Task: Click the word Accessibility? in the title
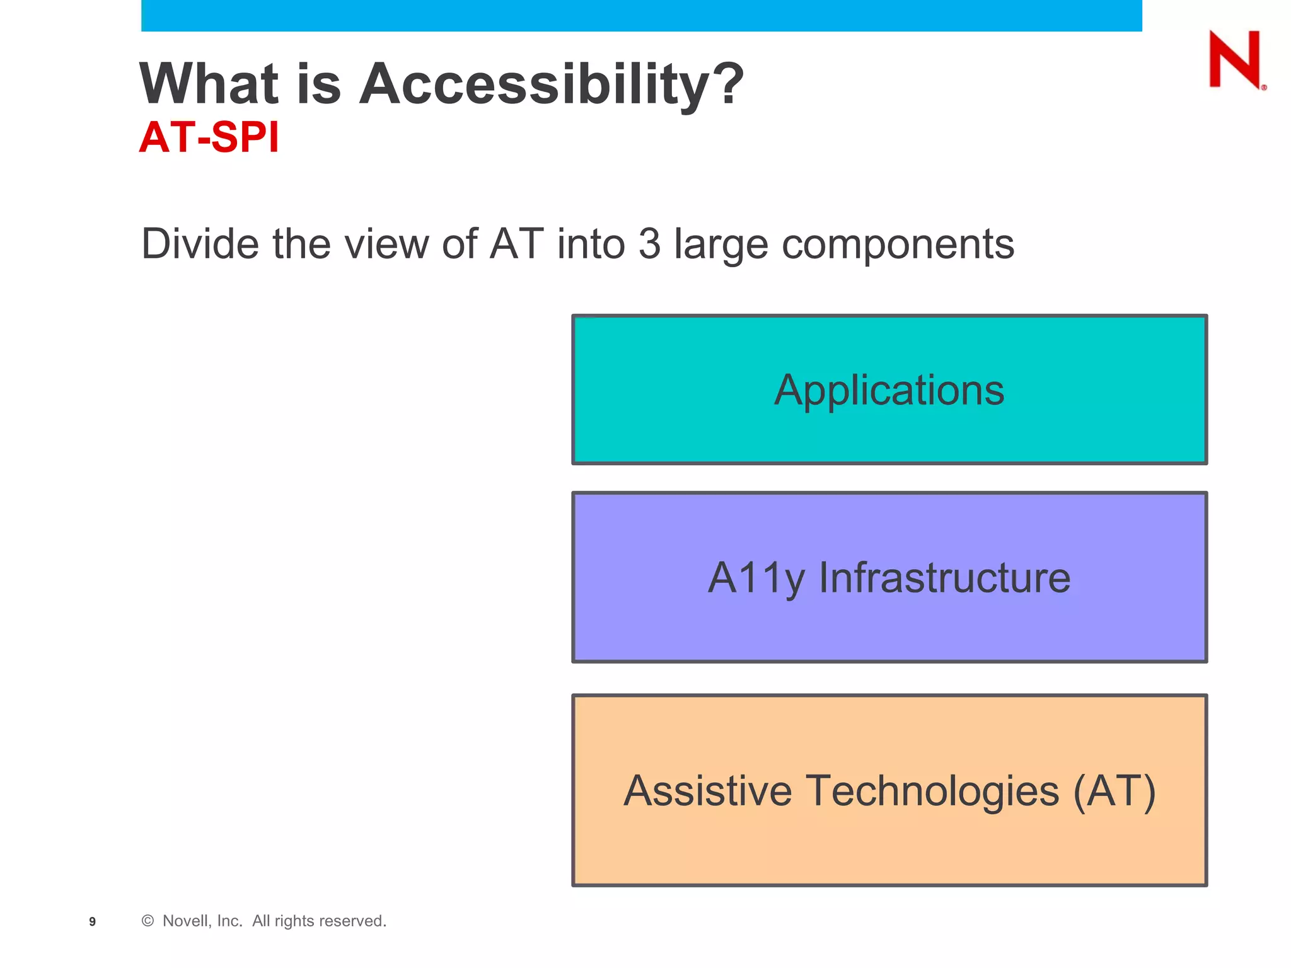click(551, 84)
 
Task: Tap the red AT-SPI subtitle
click(209, 137)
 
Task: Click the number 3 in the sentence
click(649, 244)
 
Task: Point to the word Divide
click(199, 244)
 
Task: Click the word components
click(898, 245)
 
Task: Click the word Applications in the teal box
click(889, 391)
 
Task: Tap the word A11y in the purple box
click(756, 579)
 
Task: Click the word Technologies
click(932, 792)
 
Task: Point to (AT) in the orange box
click(1114, 791)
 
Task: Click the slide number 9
click(93, 922)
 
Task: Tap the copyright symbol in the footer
click(148, 921)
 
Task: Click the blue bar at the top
click(641, 15)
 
